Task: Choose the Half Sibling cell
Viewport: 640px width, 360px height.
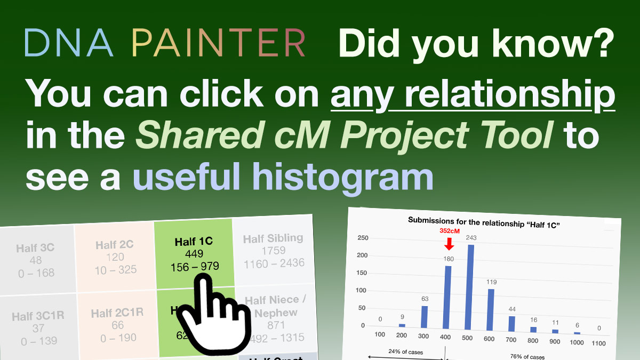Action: pyautogui.click(x=274, y=251)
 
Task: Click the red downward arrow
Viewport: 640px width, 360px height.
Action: pyautogui.click(x=449, y=244)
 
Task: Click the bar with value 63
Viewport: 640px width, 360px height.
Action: pyautogui.click(x=425, y=317)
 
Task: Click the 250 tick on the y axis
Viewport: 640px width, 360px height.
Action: pyautogui.click(x=363, y=238)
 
